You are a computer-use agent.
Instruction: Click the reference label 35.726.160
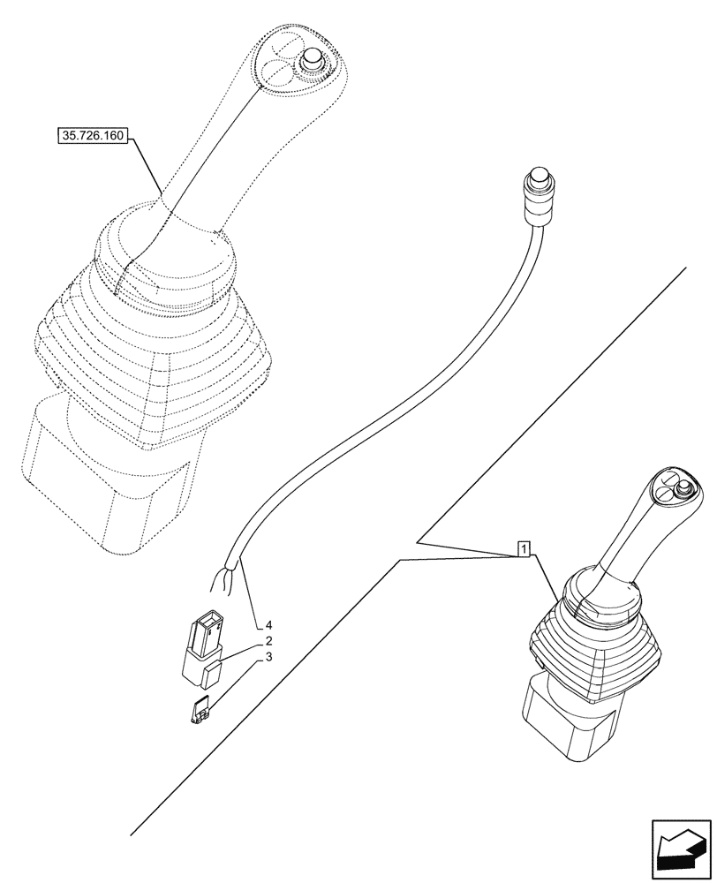(x=92, y=136)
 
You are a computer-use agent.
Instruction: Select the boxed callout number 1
(x=524, y=549)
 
